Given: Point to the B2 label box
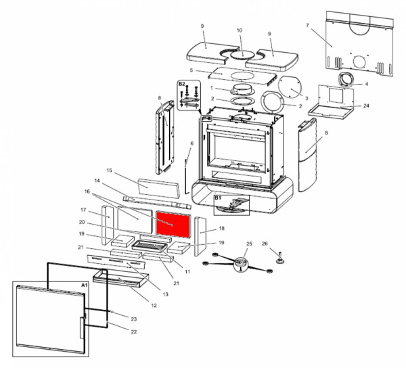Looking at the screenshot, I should (x=181, y=84).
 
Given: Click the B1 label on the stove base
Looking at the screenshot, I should (x=219, y=198).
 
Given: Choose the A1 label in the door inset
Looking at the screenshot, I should (x=84, y=286).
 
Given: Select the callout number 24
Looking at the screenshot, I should (x=366, y=106).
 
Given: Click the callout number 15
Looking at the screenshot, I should (x=108, y=170).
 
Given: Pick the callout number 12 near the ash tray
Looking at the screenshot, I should (x=154, y=305).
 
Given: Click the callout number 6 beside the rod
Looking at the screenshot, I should (x=191, y=143).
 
